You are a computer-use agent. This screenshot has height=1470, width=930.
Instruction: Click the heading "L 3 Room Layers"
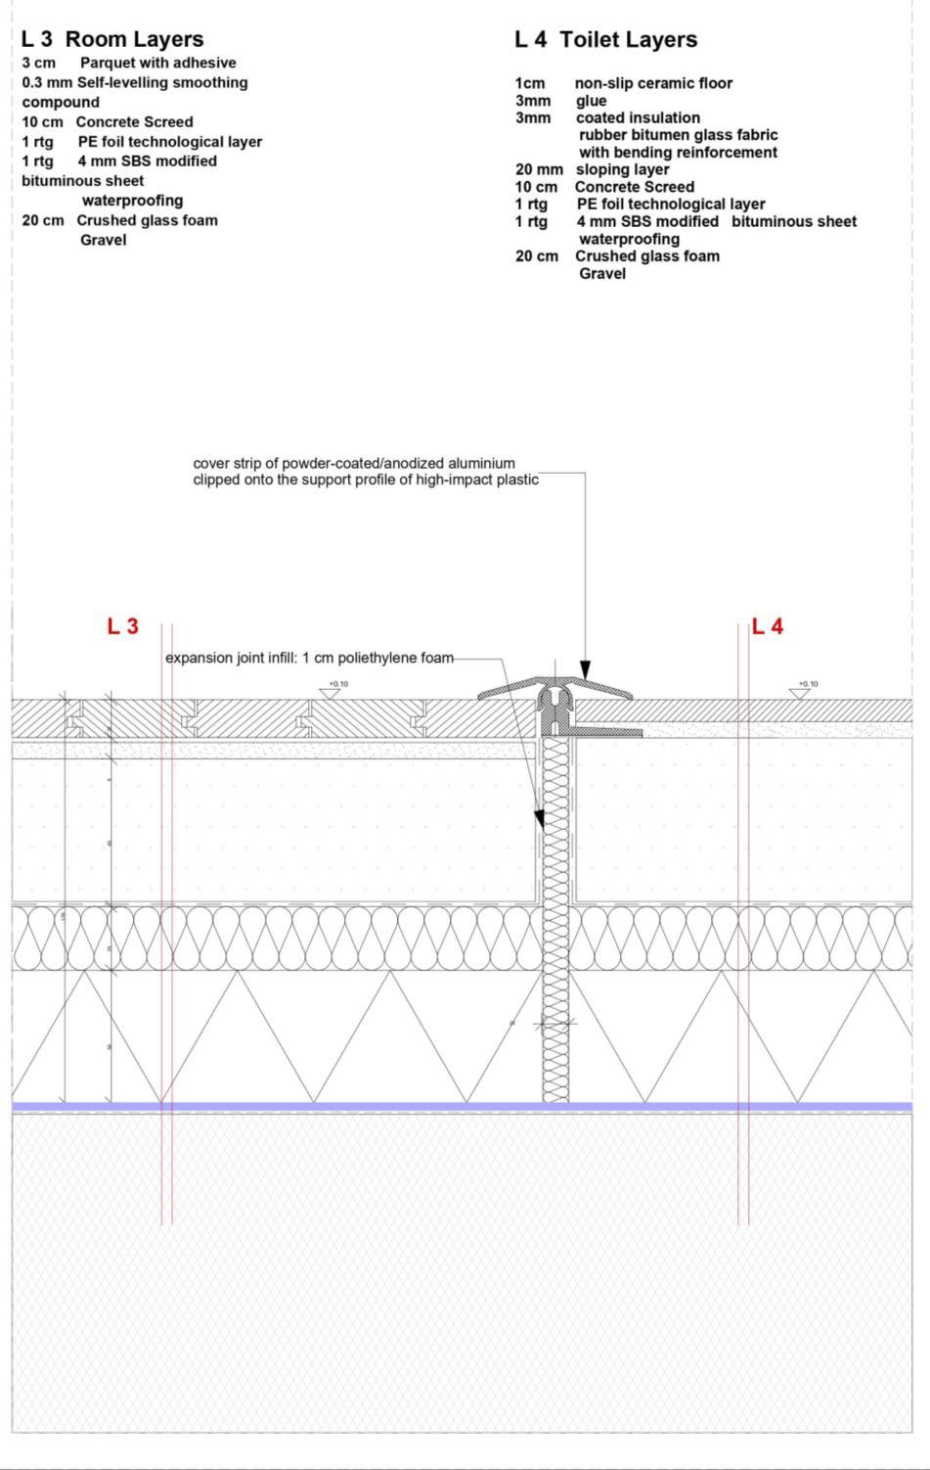pyautogui.click(x=112, y=39)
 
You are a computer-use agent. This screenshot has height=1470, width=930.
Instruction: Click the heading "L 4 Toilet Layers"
pyautogui.click(x=606, y=39)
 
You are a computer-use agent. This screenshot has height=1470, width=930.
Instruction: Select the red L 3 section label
pyautogui.click(x=122, y=626)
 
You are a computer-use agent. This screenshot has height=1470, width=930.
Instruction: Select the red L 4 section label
pyautogui.click(x=768, y=626)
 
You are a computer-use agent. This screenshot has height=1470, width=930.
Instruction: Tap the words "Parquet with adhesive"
pyautogui.click(x=157, y=63)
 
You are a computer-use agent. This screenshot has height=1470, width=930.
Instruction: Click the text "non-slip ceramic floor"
pyautogui.click(x=653, y=83)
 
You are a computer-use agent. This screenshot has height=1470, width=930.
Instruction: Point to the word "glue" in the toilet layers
pyautogui.click(x=591, y=101)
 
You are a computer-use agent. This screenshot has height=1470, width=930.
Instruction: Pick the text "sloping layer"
pyautogui.click(x=622, y=169)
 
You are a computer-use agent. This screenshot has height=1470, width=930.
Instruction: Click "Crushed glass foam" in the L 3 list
pyautogui.click(x=147, y=220)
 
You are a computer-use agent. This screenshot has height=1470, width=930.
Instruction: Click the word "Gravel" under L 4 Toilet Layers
pyautogui.click(x=602, y=273)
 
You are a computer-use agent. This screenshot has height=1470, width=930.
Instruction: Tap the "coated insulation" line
pyautogui.click(x=638, y=117)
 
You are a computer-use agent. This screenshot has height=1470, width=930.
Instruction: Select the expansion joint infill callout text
pyautogui.click(x=309, y=658)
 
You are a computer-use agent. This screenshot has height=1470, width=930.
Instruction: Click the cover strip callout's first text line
pyautogui.click(x=354, y=463)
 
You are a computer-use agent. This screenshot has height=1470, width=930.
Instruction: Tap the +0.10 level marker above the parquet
pyautogui.click(x=332, y=690)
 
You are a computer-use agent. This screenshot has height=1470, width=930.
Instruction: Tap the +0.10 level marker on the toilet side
pyautogui.click(x=801, y=690)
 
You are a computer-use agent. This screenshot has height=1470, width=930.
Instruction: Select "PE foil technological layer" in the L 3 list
pyautogui.click(x=170, y=142)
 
